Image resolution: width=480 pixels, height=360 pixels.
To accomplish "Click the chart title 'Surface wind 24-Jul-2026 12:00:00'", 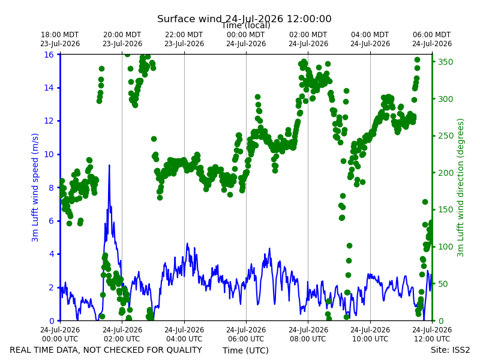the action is point(244,19).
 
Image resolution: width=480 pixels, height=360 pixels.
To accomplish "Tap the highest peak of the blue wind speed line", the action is point(109,166).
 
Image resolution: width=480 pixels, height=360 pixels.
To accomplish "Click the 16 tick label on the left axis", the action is point(49,55).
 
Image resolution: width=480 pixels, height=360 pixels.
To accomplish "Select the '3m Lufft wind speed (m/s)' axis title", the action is point(35,187).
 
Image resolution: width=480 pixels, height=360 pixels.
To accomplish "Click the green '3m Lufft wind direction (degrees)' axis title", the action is point(460,187).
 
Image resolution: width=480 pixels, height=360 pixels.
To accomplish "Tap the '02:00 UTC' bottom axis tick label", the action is point(122,339).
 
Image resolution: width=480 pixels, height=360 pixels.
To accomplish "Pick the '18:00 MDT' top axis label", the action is point(59,35).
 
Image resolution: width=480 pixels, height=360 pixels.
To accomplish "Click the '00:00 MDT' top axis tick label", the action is point(246,35).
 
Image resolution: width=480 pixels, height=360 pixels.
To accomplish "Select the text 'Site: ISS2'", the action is point(450,350).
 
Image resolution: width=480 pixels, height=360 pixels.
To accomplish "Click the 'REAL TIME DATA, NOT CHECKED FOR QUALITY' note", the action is point(106,350).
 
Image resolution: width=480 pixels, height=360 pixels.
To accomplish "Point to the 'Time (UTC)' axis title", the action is point(245,350).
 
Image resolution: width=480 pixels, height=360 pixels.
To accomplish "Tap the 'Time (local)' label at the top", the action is point(246,25).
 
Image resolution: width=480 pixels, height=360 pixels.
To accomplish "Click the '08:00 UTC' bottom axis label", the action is point(308,339).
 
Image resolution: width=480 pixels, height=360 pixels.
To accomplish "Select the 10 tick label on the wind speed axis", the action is point(49,154).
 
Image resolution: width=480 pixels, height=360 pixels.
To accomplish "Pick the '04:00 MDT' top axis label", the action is point(370,35).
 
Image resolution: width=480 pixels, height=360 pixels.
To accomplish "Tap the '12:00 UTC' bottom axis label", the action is point(432,339).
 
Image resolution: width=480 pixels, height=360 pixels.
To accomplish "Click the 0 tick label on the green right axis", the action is point(440,321).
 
